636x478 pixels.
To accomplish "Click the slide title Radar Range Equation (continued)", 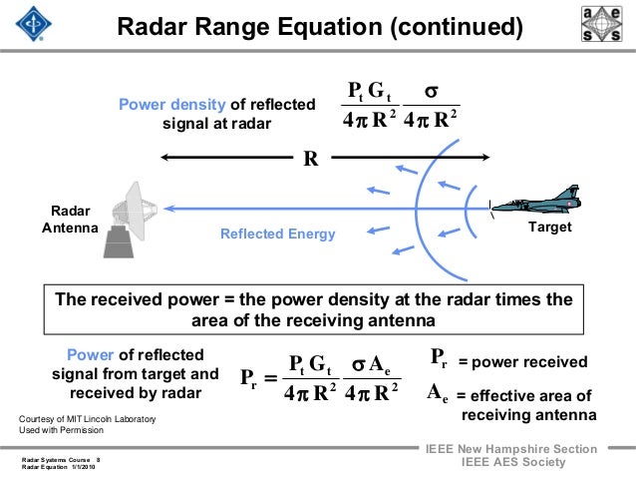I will coord(319,25).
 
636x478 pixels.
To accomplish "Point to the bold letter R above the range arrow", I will coord(310,159).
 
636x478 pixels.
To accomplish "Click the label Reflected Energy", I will coord(278,235).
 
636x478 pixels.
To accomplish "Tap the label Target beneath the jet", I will coord(552,228).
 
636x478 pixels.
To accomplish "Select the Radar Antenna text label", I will coord(69,220).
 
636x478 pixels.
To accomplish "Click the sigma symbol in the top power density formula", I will coord(432,92).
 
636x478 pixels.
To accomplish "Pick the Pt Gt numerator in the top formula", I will coord(368,94).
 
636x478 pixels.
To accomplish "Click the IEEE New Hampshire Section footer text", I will coord(511,449).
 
